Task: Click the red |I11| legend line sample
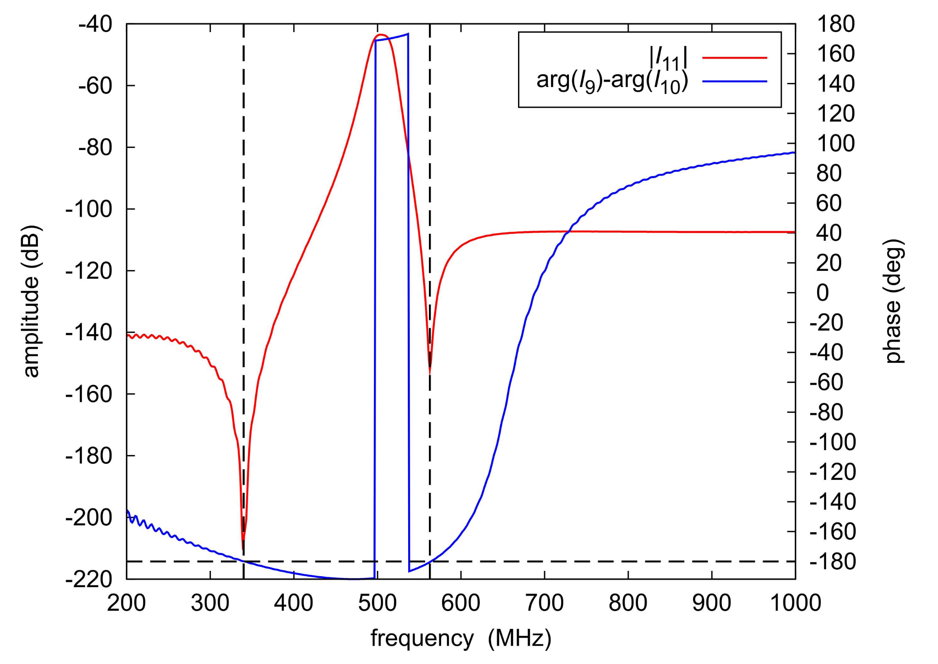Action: [734, 58]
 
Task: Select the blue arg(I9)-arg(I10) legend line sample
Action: [734, 82]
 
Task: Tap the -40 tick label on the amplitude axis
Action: [95, 24]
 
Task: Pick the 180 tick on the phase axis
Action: [836, 24]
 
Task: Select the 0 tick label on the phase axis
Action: [823, 293]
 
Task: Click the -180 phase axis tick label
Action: [833, 562]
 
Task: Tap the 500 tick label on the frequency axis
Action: [377, 603]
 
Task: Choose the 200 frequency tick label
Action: [127, 603]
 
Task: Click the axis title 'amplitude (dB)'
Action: [32, 301]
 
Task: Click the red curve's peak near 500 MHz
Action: [380, 35]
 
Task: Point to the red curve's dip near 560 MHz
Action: [429, 372]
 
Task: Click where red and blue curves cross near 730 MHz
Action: [568, 232]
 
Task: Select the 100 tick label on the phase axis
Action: [836, 144]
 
